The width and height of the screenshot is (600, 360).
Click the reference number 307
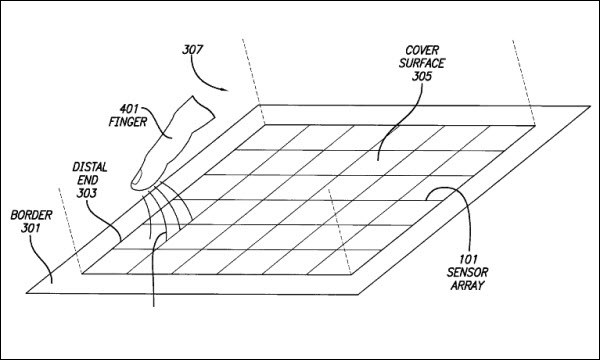coord(192,50)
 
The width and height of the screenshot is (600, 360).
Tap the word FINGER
coord(128,122)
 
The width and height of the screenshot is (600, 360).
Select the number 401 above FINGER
coord(130,109)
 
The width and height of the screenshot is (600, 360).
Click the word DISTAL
coord(90,167)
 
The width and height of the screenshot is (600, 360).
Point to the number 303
coord(86,193)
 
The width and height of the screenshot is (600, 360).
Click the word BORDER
coord(31,215)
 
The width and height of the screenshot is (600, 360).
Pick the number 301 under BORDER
coord(30,228)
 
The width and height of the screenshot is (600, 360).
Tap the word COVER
coord(422,50)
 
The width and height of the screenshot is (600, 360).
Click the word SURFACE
coord(422,63)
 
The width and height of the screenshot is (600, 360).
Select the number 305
coord(422,76)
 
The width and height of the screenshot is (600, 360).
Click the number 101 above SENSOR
coord(468,260)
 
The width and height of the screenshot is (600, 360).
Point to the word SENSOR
coord(467,272)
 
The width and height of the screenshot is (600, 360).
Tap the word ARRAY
coord(467,285)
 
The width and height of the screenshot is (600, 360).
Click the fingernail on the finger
coord(137,178)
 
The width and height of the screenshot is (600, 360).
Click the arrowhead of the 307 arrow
coord(225,90)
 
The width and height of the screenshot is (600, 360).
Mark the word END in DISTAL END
coord(88,180)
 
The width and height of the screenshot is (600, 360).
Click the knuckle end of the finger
coord(202,108)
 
